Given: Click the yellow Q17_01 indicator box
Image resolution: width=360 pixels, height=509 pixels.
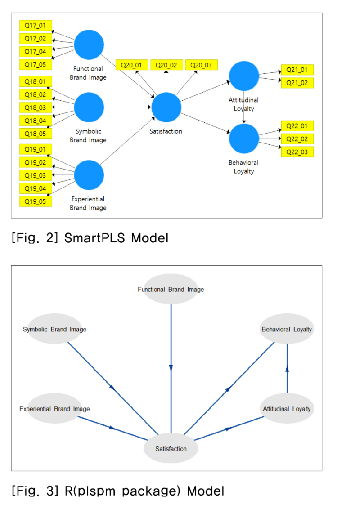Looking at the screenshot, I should pyautogui.click(x=36, y=26).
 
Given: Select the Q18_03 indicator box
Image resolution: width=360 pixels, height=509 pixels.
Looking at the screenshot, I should pyautogui.click(x=36, y=107).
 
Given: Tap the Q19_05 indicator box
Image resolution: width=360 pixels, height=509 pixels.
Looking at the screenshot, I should pyautogui.click(x=36, y=201).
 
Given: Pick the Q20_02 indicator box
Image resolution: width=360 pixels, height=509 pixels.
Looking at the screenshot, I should pyautogui.click(x=166, y=65).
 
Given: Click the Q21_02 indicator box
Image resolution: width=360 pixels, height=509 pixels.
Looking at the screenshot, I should pyautogui.click(x=297, y=83).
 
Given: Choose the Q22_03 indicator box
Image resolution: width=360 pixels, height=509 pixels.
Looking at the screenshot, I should pyautogui.click(x=297, y=152).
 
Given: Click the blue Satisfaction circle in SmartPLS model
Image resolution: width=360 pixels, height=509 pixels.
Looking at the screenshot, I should pyautogui.click(x=166, y=107).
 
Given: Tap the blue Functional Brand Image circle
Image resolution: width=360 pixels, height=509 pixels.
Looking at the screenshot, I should pyautogui.click(x=89, y=45).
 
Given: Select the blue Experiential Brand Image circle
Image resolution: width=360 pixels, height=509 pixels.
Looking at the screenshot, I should pyautogui.click(x=89, y=175).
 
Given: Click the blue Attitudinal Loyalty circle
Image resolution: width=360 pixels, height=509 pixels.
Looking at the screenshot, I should pyautogui.click(x=244, y=76).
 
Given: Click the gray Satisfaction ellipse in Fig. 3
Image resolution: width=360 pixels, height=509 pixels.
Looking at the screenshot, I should pyautogui.click(x=171, y=448).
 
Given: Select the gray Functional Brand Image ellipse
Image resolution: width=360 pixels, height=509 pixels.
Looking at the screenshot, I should pyautogui.click(x=171, y=289).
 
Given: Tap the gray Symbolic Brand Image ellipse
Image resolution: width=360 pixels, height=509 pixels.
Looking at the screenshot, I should pyautogui.click(x=54, y=329).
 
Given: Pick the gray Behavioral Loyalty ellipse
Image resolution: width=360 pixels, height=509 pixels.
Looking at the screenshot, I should pyautogui.click(x=287, y=329).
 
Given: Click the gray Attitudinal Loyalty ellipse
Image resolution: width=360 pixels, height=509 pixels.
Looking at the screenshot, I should pyautogui.click(x=287, y=409).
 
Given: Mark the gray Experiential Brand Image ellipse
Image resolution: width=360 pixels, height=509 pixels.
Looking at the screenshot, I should pyautogui.click(x=54, y=409).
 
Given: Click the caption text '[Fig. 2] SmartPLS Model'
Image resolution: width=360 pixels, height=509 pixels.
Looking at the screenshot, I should pyautogui.click(x=90, y=237).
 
